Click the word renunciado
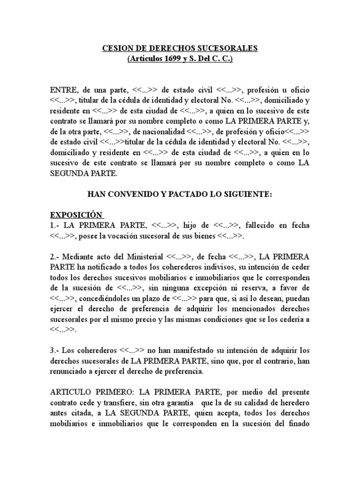pyautogui.click(x=71, y=372)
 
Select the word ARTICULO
pyautogui.click(x=70, y=392)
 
